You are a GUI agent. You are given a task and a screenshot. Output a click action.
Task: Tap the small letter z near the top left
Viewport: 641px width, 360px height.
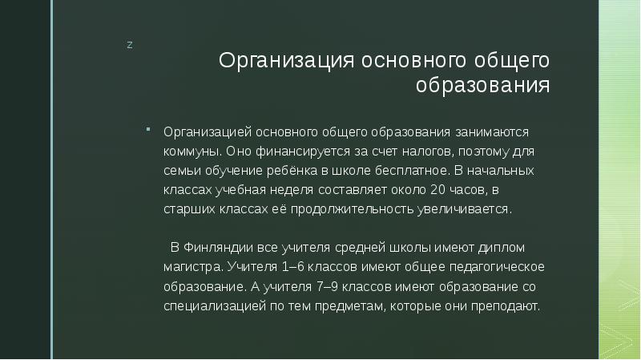pyautogui.click(x=128, y=45)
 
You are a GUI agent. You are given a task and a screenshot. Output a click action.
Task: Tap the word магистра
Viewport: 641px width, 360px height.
pyautogui.click(x=192, y=266)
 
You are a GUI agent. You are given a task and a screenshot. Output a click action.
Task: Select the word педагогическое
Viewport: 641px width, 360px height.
pyautogui.click(x=494, y=266)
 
